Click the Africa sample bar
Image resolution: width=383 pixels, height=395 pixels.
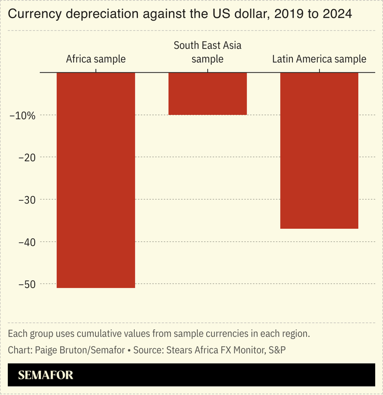coord(96,180)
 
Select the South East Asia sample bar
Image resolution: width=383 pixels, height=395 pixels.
coord(207,94)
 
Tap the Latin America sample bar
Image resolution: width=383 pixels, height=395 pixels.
coord(319,150)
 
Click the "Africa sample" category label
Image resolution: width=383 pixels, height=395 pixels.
coord(96,59)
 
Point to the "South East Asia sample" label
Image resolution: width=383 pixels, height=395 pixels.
coord(207,52)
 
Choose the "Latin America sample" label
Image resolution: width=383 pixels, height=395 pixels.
coord(319,59)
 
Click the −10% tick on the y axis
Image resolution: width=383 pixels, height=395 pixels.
coord(23,115)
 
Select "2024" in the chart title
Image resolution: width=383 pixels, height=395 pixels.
coord(338,14)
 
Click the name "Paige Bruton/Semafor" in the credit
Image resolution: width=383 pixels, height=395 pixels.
coord(80,350)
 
